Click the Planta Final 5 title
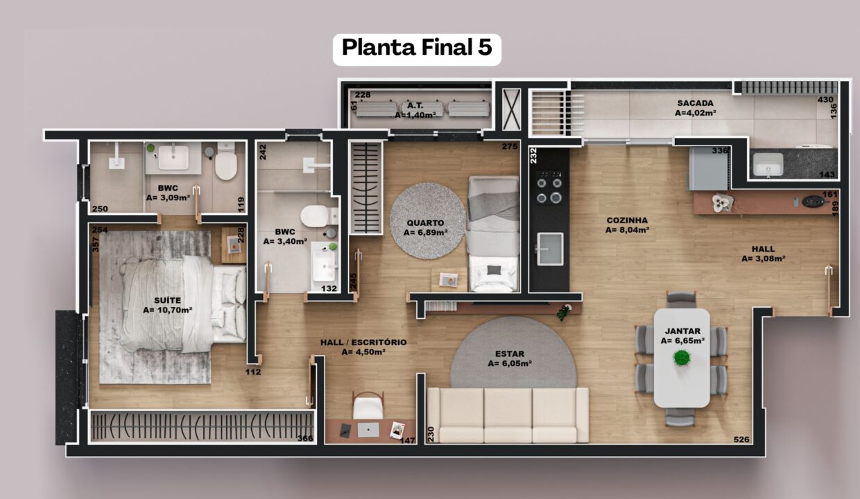417,48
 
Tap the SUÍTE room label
167,300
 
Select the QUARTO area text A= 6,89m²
425,232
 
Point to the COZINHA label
627,220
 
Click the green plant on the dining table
682,358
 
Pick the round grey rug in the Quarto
428,220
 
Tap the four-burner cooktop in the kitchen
549,188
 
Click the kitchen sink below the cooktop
550,249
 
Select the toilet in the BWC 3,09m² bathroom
226,162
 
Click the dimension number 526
741,439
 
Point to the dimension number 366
305,438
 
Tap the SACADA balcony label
696,103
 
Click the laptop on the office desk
368,430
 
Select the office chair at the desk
368,406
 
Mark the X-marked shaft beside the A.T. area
511,110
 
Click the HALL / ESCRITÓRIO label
363,342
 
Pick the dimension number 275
510,146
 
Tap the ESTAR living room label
510,353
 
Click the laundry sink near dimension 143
768,165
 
